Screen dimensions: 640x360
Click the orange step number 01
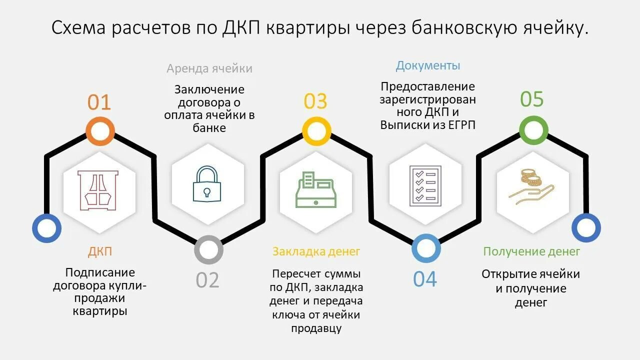99,102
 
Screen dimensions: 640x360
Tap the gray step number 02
207,279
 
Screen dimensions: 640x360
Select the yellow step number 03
315,101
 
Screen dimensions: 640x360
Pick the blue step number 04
425,279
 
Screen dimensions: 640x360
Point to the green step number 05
531,99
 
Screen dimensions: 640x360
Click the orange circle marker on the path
100,131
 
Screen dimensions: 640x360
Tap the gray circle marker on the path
208,249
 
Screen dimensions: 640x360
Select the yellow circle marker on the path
316,131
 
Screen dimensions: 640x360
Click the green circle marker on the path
533,130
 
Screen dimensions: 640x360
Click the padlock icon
207,184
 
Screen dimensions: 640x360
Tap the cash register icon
316,189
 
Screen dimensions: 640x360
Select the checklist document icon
424,185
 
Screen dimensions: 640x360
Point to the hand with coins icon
531,187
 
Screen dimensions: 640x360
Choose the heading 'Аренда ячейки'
209,68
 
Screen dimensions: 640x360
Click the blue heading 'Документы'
428,65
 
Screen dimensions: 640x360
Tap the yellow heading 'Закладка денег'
316,251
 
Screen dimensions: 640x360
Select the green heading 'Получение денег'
531,251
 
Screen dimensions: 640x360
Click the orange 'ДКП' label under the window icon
100,252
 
